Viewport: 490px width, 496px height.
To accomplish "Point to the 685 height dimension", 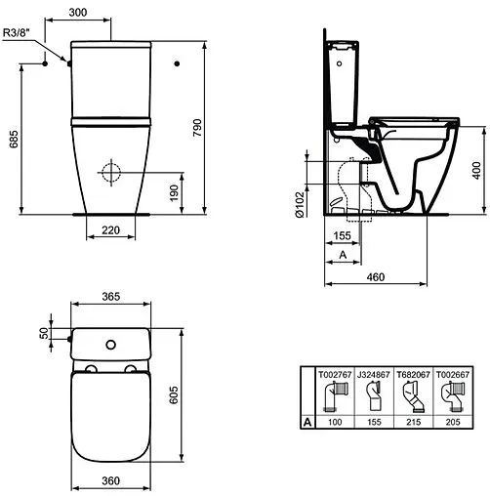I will pos(12,142).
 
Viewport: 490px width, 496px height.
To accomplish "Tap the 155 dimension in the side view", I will pos(341,235).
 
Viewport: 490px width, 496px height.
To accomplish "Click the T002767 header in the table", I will pos(332,373).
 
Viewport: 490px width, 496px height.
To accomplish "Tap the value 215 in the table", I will pos(413,423).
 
